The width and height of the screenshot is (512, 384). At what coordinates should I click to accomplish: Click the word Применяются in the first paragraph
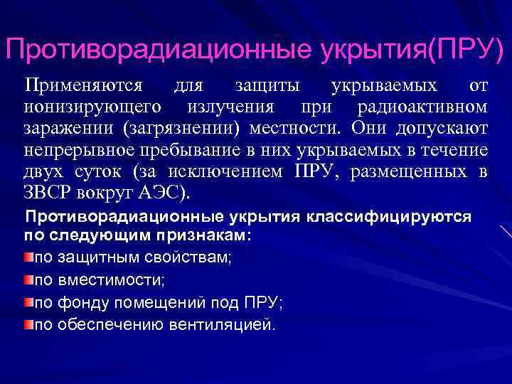pos(84,86)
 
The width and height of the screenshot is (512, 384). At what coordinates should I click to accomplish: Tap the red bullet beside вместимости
pos(28,279)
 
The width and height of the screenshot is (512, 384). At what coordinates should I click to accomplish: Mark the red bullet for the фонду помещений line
pos(28,302)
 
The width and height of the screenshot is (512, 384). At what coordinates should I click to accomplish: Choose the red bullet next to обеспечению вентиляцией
pos(28,324)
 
